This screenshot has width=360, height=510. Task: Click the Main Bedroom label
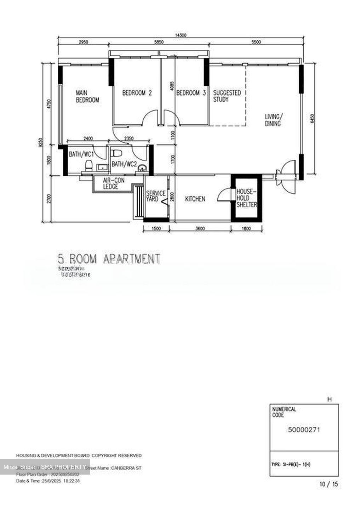pyautogui.click(x=87, y=96)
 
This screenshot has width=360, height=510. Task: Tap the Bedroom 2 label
pyautogui.click(x=137, y=93)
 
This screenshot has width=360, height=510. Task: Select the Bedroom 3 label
pyautogui.click(x=191, y=93)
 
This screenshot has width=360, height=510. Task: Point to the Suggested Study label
pyautogui.click(x=227, y=96)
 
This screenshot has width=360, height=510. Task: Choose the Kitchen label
pyautogui.click(x=195, y=199)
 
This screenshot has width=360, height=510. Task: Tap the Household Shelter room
pyautogui.click(x=246, y=198)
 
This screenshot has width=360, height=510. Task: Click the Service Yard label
pyautogui.click(x=155, y=196)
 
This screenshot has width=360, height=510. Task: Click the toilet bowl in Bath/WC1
pyautogui.click(x=89, y=165)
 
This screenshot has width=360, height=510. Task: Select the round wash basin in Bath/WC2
pyautogui.click(x=142, y=168)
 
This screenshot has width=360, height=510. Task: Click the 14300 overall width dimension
pyautogui.click(x=181, y=35)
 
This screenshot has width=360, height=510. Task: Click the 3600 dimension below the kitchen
pyautogui.click(x=200, y=229)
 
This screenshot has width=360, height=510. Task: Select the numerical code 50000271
pyautogui.click(x=304, y=430)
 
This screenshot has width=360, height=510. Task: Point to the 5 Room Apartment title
pyautogui.click(x=109, y=258)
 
